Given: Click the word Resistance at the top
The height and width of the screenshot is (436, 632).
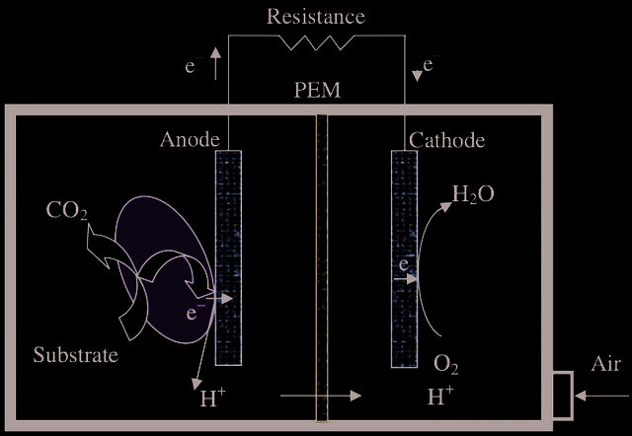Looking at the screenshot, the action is (x=316, y=17).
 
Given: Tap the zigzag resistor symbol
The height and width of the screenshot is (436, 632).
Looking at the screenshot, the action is (x=316, y=42).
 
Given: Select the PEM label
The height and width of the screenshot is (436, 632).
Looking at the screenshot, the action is (x=317, y=90).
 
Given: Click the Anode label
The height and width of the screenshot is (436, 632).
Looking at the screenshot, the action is (x=190, y=140).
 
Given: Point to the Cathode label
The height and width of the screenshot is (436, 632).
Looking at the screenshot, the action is (x=447, y=140).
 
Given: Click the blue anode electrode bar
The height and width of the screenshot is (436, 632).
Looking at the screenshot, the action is (x=228, y=258).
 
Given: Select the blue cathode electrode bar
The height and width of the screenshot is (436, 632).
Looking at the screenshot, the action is (x=404, y=258).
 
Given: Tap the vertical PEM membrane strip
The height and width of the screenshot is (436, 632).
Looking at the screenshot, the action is (x=322, y=267).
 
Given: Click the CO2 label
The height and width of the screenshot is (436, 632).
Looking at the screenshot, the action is (x=67, y=210).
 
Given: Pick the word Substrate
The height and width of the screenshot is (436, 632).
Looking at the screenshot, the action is (x=76, y=355).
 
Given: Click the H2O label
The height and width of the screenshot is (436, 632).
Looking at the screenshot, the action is (x=473, y=194).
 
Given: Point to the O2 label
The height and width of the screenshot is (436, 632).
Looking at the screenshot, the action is (x=445, y=365).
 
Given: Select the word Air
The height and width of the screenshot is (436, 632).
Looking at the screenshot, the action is (x=605, y=364).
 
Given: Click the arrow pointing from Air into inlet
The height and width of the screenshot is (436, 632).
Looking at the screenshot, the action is (x=601, y=397).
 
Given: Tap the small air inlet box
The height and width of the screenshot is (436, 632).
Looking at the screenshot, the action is (x=563, y=396).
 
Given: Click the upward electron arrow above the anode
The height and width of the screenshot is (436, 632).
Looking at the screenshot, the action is (x=215, y=63).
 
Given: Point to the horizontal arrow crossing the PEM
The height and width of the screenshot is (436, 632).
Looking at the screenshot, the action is (x=321, y=396).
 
